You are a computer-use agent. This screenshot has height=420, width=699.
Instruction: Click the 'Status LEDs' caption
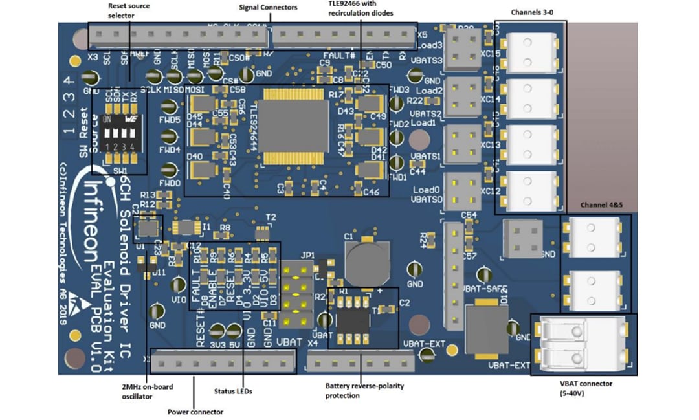click(233, 392)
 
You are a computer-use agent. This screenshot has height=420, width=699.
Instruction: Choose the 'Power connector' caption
click(195, 412)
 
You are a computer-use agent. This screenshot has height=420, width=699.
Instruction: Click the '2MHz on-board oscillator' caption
click(148, 392)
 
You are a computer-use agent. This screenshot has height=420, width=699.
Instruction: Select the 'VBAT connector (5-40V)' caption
click(586, 388)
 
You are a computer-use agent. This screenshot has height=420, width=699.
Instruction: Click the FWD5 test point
click(169, 120)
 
